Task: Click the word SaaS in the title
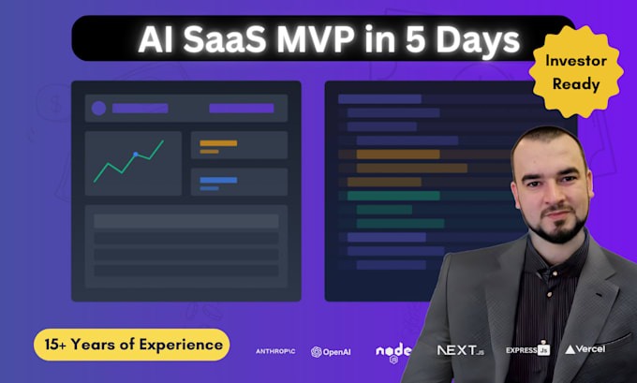tap(225, 39)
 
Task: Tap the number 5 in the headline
tap(416, 39)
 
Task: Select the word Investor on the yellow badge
tap(576, 61)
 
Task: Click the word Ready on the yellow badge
tap(576, 84)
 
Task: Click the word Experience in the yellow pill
tap(181, 345)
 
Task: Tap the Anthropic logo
tap(275, 351)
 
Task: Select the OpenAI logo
tap(331, 352)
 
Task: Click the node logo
tap(393, 352)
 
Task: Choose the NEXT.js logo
tap(461, 350)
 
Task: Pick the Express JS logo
tap(527, 349)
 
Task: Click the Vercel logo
tap(585, 349)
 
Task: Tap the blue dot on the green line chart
tap(136, 155)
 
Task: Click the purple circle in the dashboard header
tap(98, 109)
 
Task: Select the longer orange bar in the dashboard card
tap(218, 143)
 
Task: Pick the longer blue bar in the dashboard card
tap(218, 180)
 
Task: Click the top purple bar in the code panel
tap(379, 98)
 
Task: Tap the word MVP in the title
tap(316, 39)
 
